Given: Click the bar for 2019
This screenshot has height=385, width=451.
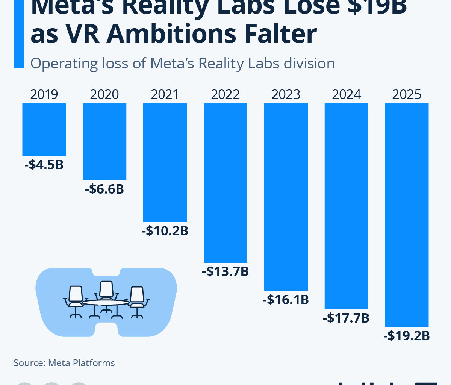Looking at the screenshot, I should tap(44, 129).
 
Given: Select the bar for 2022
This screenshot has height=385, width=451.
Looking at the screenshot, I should tap(225, 182).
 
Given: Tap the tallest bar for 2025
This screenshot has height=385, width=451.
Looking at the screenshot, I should tap(407, 214).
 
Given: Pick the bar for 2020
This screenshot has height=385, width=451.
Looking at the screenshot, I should tap(104, 141).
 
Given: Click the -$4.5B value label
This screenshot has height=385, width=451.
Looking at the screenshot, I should tap(44, 165).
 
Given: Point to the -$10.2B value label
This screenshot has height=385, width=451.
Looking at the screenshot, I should tap(165, 231).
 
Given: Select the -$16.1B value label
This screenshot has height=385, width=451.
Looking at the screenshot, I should tap(286, 300).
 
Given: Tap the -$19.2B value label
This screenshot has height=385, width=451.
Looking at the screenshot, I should tap(407, 335).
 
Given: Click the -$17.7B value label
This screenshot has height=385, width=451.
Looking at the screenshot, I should tap(346, 318).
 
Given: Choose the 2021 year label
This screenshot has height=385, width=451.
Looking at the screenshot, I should tap(165, 94).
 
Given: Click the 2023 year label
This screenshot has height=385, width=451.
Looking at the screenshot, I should tap(286, 94).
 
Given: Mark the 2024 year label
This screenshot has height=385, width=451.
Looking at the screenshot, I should tap(346, 94).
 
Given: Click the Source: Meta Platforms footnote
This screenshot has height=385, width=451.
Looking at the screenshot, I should tap(64, 363).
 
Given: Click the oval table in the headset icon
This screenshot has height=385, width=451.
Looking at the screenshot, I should tap(106, 302).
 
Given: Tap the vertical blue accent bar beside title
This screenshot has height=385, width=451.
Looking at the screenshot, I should tap(18, 34).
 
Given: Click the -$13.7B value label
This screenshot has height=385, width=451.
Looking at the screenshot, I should tap(225, 271).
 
